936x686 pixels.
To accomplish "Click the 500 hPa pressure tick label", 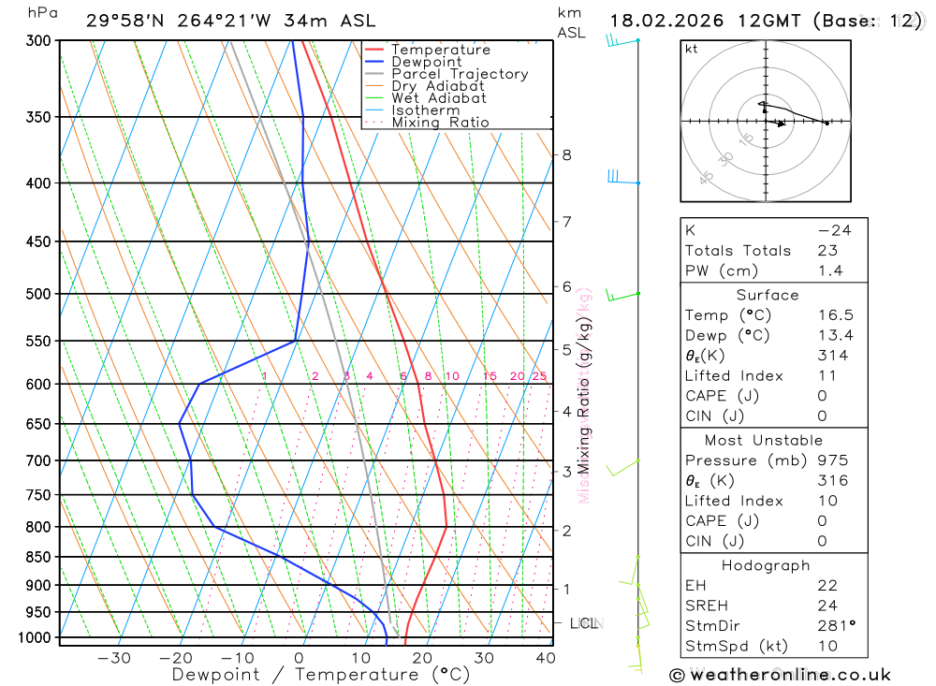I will point(38,294).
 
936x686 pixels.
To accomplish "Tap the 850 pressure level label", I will point(38,557).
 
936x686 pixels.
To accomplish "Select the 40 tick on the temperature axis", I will point(545,658).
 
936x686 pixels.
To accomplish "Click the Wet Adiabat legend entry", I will point(438,98).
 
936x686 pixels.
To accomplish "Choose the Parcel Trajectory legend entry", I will point(459,74).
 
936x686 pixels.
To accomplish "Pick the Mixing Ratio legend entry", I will point(440,123).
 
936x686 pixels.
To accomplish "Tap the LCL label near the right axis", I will point(583,623).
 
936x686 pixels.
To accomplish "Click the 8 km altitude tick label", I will point(566,155).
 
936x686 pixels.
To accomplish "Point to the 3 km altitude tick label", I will point(566,472).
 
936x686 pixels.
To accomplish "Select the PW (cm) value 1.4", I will point(830,270).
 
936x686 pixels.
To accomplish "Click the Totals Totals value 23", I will point(827,250).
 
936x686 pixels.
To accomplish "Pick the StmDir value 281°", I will point(835,626).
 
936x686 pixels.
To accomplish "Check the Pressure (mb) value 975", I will point(832,460).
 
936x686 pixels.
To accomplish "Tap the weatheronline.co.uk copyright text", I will point(781,675).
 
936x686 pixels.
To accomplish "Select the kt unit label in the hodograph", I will point(692,50).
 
